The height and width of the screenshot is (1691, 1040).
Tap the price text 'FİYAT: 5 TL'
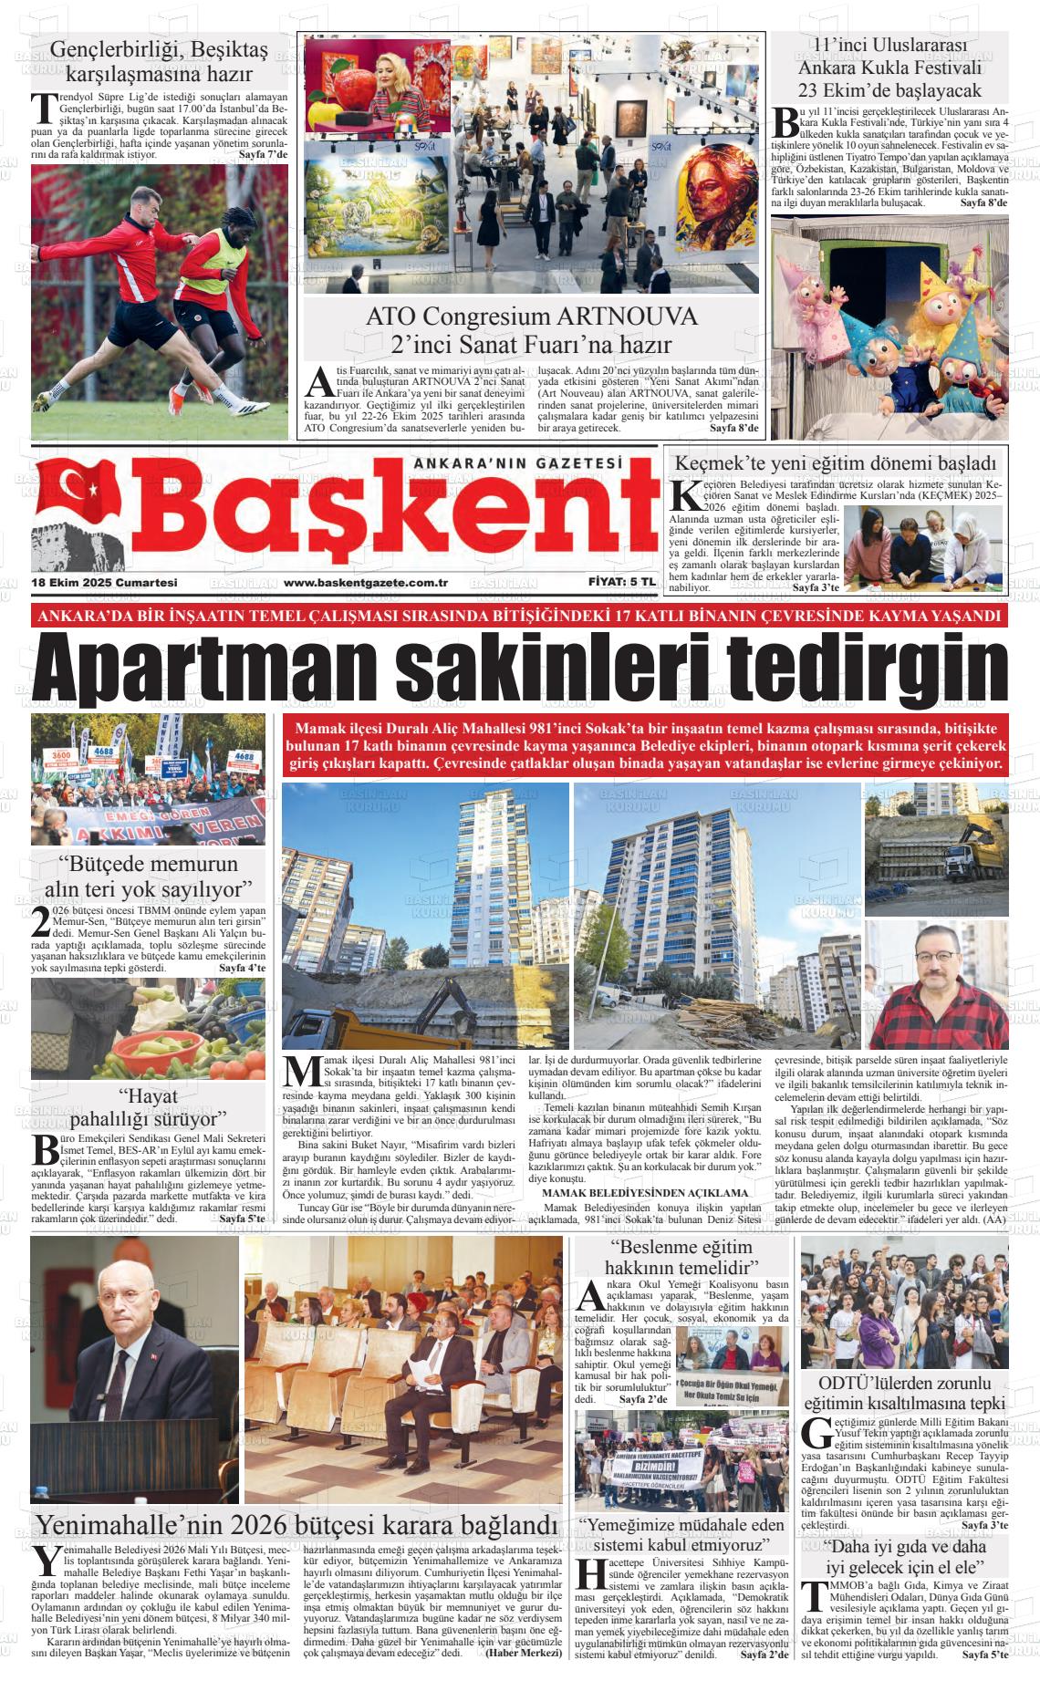tap(622, 582)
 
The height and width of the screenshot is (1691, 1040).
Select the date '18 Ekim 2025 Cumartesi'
tap(104, 582)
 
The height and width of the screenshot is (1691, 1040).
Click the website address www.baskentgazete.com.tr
tap(365, 582)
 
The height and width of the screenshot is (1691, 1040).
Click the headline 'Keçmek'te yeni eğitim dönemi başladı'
tap(839, 462)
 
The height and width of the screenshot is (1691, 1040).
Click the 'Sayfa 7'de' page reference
tap(263, 154)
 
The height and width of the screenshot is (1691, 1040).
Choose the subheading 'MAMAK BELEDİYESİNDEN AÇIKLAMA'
tap(645, 1192)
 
